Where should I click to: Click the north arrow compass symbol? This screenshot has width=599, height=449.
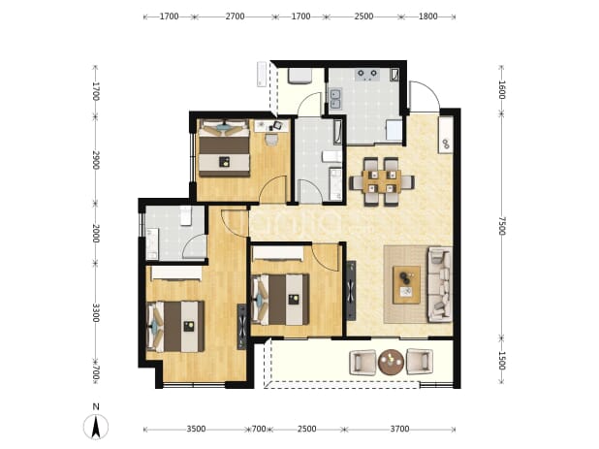[x=96, y=427]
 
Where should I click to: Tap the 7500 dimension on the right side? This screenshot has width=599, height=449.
[x=501, y=226]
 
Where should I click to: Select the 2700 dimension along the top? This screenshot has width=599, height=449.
[x=235, y=16]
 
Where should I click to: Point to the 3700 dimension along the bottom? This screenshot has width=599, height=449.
[x=399, y=430]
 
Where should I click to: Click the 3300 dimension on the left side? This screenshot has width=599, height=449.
[x=96, y=312]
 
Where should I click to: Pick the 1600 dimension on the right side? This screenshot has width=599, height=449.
[x=501, y=90]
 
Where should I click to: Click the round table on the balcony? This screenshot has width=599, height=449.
[x=391, y=362]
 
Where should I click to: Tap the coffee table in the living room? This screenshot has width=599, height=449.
[x=407, y=285]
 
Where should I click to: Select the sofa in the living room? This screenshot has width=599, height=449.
[x=440, y=284]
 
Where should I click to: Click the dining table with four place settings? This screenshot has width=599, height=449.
[x=381, y=181]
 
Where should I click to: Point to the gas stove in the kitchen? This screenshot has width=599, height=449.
[x=367, y=75]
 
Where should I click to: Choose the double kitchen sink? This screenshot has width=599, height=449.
[x=335, y=99]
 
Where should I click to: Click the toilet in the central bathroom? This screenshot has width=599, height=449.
[x=331, y=157]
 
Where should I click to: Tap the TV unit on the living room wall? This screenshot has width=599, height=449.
[x=351, y=290]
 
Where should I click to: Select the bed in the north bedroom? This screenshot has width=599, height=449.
[x=224, y=148]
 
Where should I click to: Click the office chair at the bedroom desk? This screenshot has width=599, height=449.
[x=276, y=125]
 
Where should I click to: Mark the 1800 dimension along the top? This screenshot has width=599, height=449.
[x=427, y=16]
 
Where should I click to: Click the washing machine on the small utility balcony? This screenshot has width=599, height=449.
[x=299, y=76]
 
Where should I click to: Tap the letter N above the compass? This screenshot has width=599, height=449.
[x=96, y=406]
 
